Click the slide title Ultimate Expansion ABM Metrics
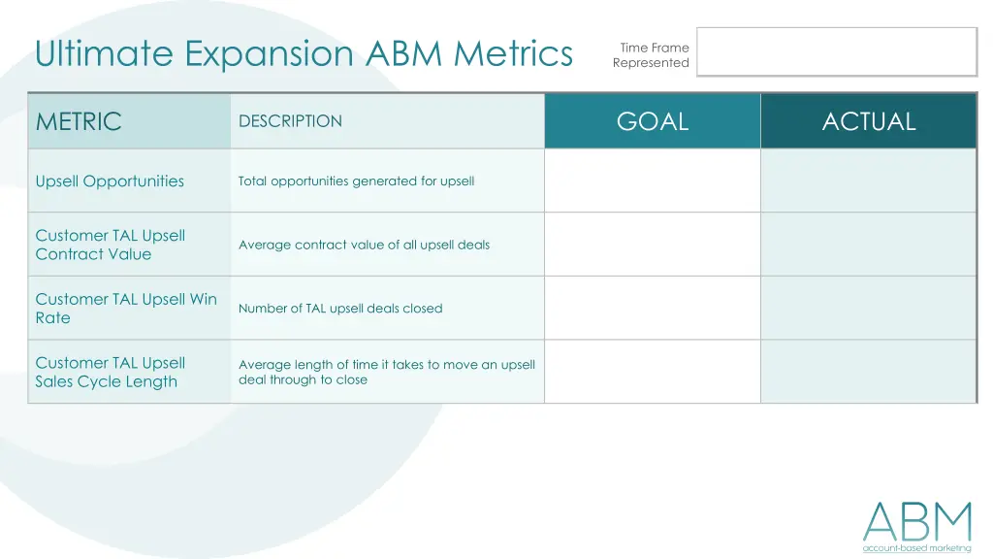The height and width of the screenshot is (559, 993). pyautogui.click(x=304, y=53)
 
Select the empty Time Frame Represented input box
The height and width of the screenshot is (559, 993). pyautogui.click(x=836, y=51)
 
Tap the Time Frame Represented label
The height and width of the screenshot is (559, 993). pyautogui.click(x=651, y=55)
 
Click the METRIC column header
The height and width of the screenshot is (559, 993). pyautogui.click(x=79, y=121)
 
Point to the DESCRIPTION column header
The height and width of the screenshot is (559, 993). pyautogui.click(x=290, y=121)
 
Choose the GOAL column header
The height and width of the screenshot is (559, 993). pyautogui.click(x=653, y=121)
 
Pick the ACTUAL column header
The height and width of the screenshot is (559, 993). pyautogui.click(x=869, y=121)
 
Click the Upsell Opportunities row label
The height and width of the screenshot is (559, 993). pyautogui.click(x=110, y=181)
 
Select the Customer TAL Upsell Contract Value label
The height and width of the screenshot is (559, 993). pyautogui.click(x=110, y=245)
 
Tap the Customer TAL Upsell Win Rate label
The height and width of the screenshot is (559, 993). pyautogui.click(x=126, y=309)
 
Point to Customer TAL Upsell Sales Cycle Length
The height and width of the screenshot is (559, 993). pyautogui.click(x=110, y=372)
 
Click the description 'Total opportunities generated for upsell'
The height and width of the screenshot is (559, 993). pyautogui.click(x=356, y=181)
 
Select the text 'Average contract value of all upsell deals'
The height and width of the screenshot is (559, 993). pyautogui.click(x=364, y=245)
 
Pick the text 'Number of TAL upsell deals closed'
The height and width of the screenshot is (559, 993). pyautogui.click(x=340, y=309)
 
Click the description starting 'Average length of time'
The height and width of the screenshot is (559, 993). pyautogui.click(x=386, y=372)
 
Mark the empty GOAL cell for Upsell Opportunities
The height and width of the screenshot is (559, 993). pyautogui.click(x=653, y=181)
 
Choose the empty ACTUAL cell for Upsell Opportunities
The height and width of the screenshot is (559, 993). pyautogui.click(x=869, y=181)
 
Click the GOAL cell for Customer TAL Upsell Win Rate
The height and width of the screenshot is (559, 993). pyautogui.click(x=653, y=308)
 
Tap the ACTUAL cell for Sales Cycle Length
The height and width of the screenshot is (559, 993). pyautogui.click(x=869, y=372)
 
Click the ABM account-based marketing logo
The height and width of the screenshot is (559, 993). pyautogui.click(x=916, y=527)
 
